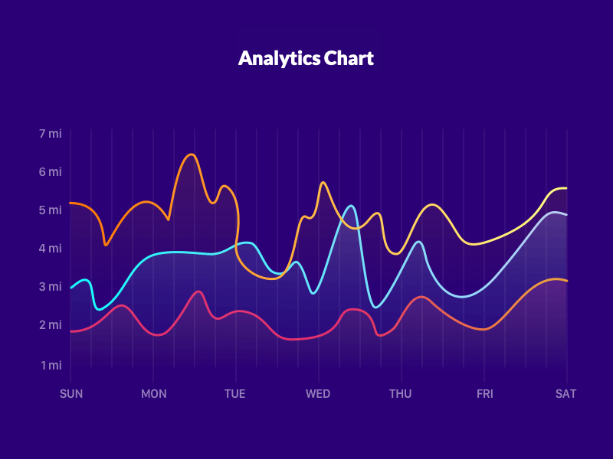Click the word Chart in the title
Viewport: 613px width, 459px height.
point(349,58)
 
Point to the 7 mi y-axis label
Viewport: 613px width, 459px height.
point(50,134)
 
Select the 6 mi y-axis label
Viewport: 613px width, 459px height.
point(50,172)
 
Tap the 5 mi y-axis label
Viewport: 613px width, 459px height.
point(50,210)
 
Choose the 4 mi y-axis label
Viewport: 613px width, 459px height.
point(50,249)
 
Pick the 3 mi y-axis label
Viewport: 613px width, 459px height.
point(50,287)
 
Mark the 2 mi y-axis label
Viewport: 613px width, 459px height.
point(50,325)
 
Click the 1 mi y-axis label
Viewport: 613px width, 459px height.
point(51,365)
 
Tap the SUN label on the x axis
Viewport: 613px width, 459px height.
point(71,394)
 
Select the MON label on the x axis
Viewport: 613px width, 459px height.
point(153,394)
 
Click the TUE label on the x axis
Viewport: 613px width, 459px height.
point(235,394)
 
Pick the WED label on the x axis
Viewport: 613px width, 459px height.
point(318,394)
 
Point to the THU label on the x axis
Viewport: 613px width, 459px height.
point(401,394)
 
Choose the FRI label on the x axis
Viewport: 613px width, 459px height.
point(484,394)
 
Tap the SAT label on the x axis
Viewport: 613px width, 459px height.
point(566,394)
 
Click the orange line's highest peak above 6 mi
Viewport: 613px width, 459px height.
point(192,155)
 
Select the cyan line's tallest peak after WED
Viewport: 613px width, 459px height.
point(350,206)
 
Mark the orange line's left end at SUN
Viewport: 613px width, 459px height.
point(70,203)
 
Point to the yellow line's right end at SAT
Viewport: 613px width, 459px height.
point(565,188)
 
